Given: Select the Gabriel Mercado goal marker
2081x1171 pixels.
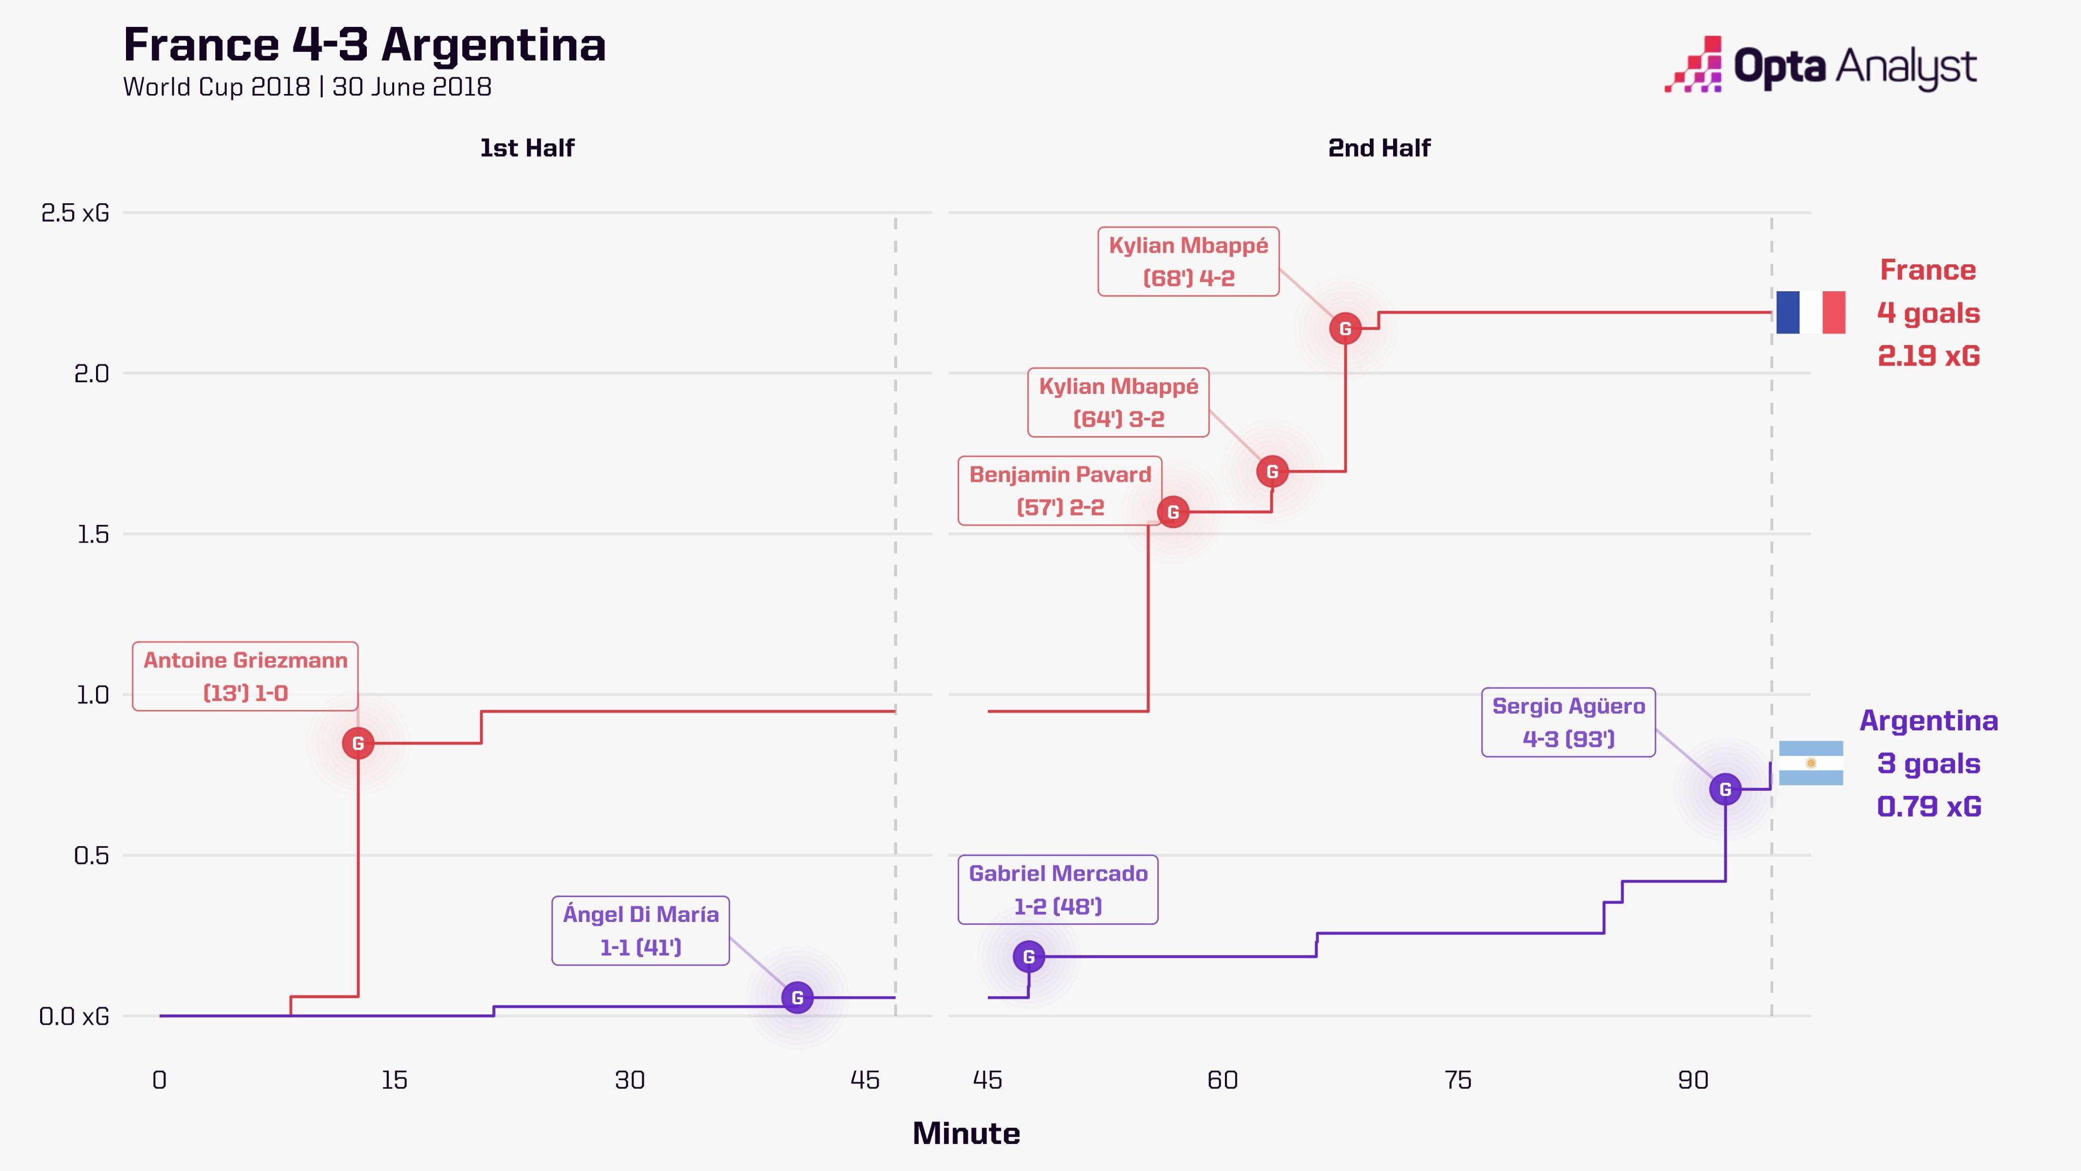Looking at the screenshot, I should pyautogui.click(x=1028, y=957).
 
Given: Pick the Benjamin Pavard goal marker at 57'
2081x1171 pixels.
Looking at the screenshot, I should pyautogui.click(x=1173, y=512).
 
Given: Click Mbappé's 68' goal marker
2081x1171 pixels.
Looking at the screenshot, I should pyautogui.click(x=1345, y=329).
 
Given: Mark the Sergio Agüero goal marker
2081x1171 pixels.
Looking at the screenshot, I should pyautogui.click(x=1725, y=789).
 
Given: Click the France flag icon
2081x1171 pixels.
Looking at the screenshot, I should pyautogui.click(x=1810, y=313).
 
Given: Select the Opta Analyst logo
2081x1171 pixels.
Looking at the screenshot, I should pyautogui.click(x=1821, y=65).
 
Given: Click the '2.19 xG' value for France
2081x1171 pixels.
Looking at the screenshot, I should pyautogui.click(x=1928, y=356).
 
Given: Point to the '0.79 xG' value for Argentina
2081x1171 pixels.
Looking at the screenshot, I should pyautogui.click(x=1928, y=807).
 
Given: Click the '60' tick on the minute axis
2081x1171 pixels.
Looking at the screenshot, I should pyautogui.click(x=1222, y=1081).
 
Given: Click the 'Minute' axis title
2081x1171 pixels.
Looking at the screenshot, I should pyautogui.click(x=966, y=1134).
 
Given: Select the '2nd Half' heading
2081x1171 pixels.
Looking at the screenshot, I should pyautogui.click(x=1379, y=148).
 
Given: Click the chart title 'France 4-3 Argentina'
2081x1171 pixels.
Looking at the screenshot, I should pyautogui.click(x=364, y=45).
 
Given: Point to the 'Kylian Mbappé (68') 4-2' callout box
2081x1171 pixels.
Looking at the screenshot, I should pyautogui.click(x=1188, y=262).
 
